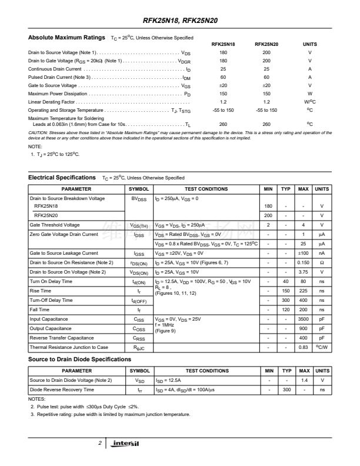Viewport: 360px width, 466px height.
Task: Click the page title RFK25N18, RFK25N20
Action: tap(179, 20)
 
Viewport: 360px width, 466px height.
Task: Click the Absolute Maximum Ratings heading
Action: tap(66, 38)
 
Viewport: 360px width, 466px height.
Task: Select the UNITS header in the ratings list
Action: tap(309, 44)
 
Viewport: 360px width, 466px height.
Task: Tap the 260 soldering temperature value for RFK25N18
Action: tap(223, 124)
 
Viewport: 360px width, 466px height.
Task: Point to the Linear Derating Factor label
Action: tap(51, 102)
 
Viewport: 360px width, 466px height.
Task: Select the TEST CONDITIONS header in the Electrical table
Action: tap(206, 189)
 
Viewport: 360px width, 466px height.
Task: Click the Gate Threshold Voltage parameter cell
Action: tap(55, 225)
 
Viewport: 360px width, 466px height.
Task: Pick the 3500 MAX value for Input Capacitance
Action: tap(304, 319)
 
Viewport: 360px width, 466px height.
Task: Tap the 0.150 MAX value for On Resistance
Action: tap(304, 262)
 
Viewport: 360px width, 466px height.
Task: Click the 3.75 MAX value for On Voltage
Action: tap(304, 272)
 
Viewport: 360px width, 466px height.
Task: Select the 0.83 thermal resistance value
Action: tap(304, 348)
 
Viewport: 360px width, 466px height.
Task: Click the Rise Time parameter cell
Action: tap(41, 291)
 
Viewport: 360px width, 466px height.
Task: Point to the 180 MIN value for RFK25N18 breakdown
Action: tap(268, 207)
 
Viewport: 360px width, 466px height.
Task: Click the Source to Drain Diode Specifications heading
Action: tap(79, 360)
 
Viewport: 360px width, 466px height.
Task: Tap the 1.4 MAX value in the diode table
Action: tap(304, 380)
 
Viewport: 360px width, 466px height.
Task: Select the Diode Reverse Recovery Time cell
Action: tap(62, 390)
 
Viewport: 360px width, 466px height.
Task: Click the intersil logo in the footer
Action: tap(126, 443)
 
